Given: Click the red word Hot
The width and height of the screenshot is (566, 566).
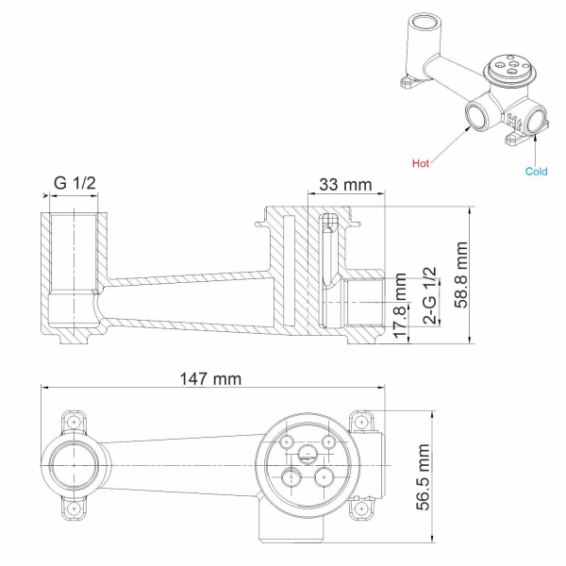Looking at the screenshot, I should [421, 163].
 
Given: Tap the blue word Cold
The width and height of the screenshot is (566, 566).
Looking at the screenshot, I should [536, 171].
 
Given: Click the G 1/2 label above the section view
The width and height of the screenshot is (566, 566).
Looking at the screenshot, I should [75, 183].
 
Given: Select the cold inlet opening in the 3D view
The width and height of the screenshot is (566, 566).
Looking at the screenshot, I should [536, 120].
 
